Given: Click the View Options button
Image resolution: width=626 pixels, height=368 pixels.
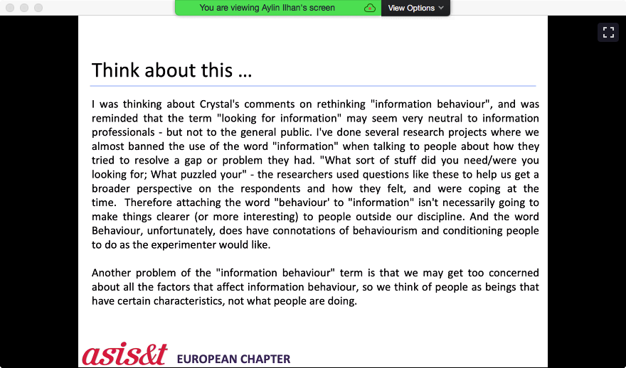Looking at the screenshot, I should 415,8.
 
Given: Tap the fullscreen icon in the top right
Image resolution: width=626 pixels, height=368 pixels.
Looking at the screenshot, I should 608,32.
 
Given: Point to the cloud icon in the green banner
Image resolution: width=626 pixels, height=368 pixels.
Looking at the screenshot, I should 369,8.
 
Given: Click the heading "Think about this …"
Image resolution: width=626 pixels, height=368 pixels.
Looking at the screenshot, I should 171,70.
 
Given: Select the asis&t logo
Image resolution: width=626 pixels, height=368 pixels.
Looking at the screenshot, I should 124,354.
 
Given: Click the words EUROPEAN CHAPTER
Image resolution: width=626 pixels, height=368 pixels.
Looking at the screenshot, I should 233,359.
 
